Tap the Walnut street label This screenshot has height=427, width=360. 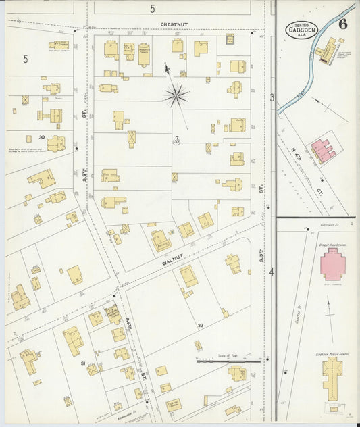click(174, 256)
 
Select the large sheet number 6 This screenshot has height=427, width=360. click(343, 25)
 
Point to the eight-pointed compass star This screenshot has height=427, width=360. click(176, 95)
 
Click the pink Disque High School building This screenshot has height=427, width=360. click(332, 263)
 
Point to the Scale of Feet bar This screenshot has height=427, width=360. click(228, 361)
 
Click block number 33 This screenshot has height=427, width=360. click(201, 326)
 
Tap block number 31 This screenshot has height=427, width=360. click(84, 364)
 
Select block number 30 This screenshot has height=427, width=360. click(41, 137)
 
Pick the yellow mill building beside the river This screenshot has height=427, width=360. click(328, 49)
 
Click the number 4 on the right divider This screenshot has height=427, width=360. click(272, 272)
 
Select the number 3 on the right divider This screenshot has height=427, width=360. click(272, 98)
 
